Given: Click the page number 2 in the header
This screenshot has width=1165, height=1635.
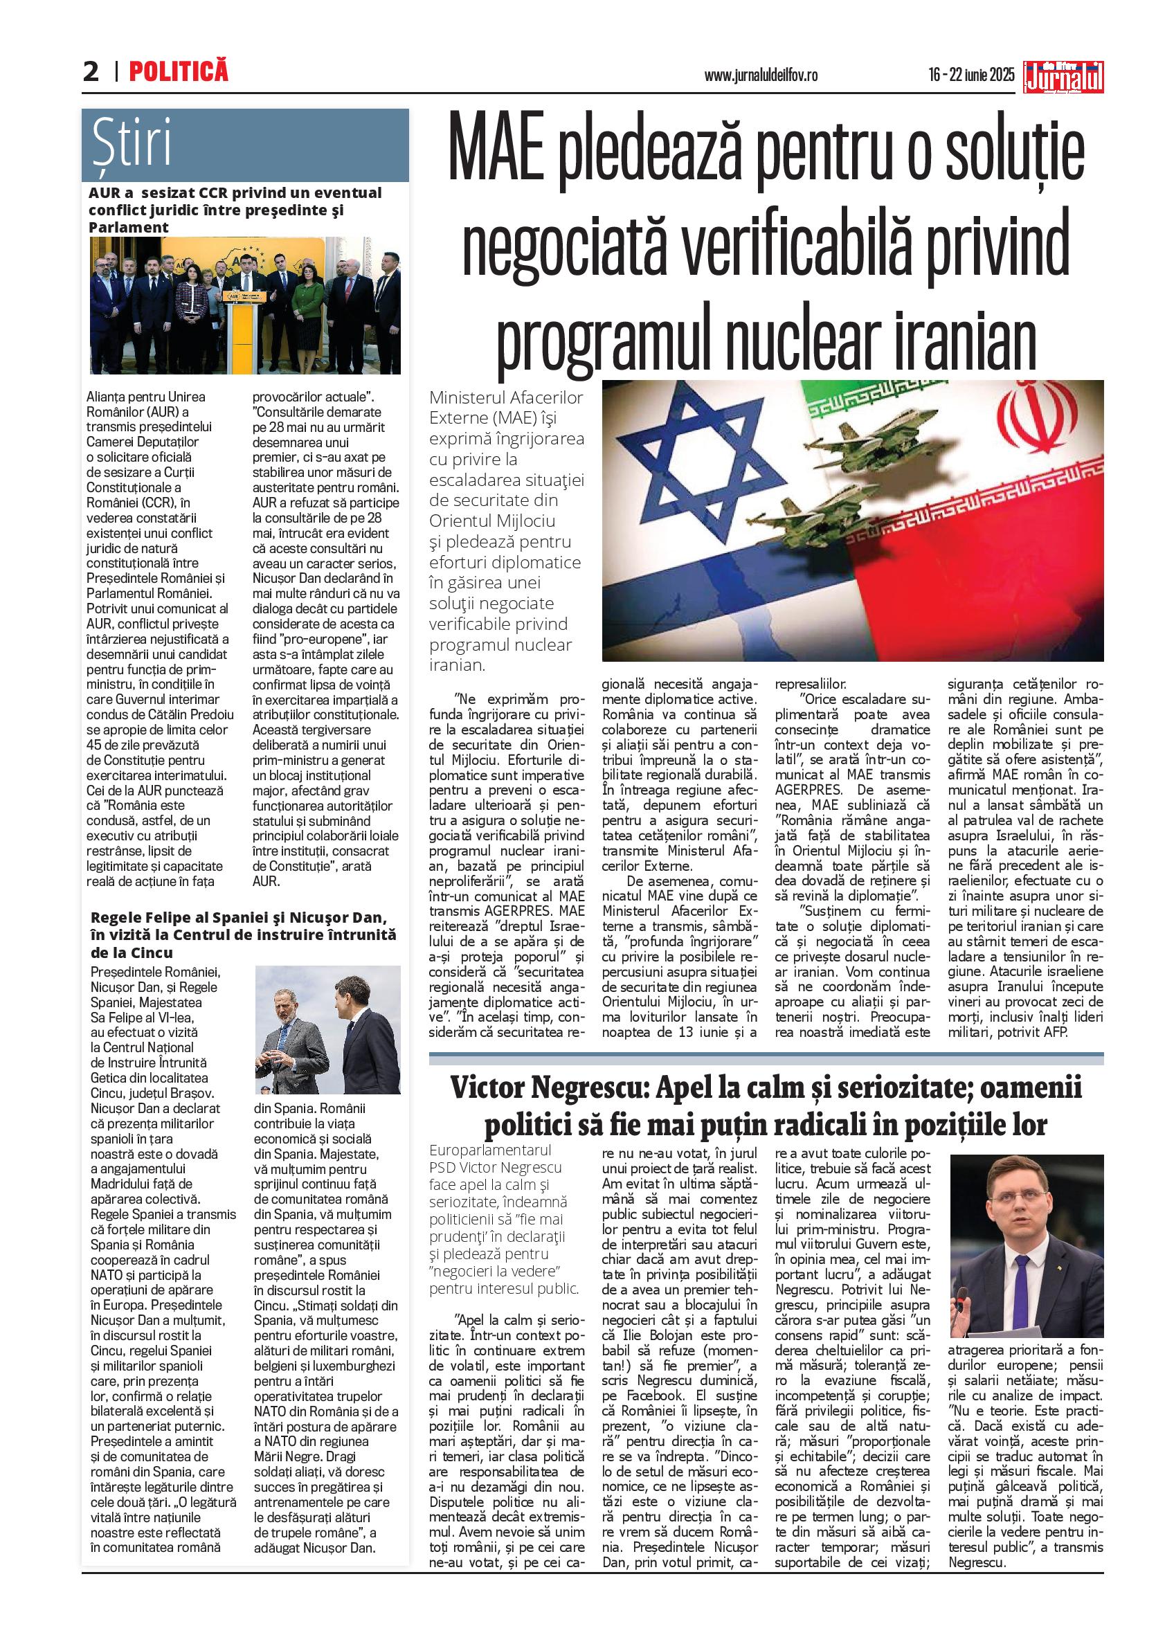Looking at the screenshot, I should (91, 72).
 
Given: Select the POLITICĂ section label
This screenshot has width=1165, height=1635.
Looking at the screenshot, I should (179, 71).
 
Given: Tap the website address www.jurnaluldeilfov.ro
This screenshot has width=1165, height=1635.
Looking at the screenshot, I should (761, 75).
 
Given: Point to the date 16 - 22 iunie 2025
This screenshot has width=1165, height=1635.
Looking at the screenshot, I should (971, 75).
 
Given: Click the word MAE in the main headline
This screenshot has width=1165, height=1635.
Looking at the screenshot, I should (496, 154).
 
